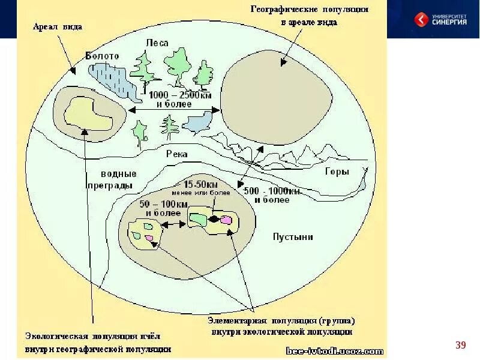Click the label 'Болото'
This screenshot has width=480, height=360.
(102, 55)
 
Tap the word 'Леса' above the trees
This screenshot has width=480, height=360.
(158, 43)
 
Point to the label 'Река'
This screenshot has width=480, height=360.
(178, 154)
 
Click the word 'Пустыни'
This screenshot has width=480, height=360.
(293, 236)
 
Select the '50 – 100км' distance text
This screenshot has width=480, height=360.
(161, 205)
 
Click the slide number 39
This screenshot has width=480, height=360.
(461, 344)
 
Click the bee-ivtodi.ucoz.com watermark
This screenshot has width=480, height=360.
(335, 350)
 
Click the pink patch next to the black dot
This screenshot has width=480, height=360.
(226, 220)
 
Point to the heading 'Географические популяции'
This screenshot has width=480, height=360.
(310, 10)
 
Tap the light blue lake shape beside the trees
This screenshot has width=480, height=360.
(197, 124)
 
